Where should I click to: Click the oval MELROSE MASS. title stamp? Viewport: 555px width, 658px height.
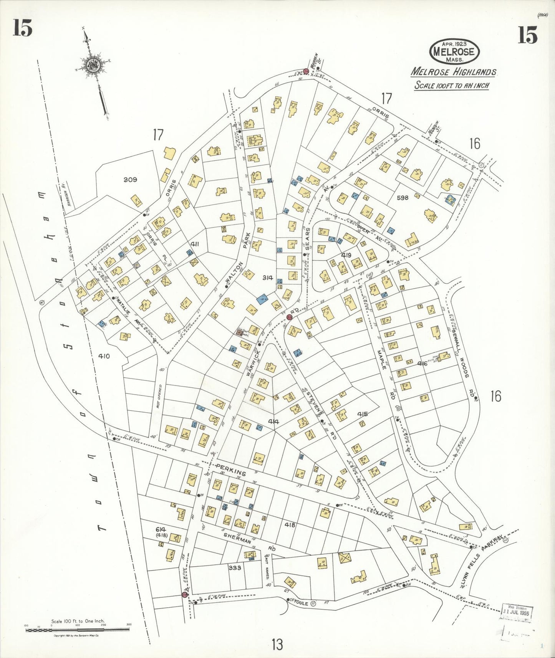click(455, 51)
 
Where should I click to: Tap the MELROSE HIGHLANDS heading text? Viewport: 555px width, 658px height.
click(454, 72)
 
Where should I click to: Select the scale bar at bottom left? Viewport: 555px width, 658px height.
click(77, 630)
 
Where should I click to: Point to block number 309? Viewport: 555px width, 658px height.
click(130, 180)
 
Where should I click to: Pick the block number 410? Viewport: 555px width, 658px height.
click(104, 356)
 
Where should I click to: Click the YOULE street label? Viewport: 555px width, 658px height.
click(301, 603)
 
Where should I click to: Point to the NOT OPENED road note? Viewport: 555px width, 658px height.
click(159, 398)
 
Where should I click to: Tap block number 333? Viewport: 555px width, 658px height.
click(234, 567)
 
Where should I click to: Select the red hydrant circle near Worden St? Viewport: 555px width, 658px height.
click(306, 72)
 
